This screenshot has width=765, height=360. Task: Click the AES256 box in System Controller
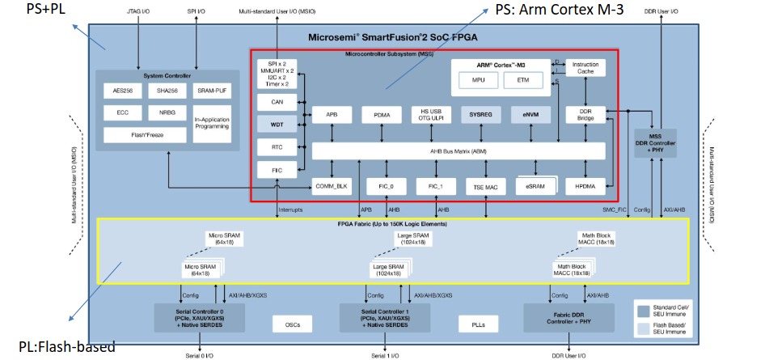point(123,91)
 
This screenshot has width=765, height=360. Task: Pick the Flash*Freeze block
point(146,135)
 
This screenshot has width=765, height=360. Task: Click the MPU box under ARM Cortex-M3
point(479,80)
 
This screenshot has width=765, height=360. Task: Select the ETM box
point(522,80)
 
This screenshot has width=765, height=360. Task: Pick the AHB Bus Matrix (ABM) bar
point(459,150)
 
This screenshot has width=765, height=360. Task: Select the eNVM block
point(530,115)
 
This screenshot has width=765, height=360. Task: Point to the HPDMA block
point(585,187)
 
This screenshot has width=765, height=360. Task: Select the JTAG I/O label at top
point(139,12)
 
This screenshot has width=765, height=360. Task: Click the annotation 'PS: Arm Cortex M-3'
point(559,10)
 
